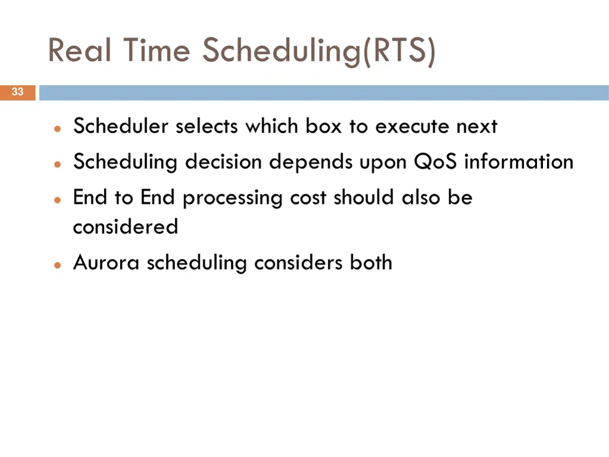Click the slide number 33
(x=17, y=92)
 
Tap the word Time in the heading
(x=156, y=51)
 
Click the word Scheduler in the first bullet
(x=121, y=126)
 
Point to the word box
(x=324, y=126)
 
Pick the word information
(x=519, y=161)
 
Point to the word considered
(x=125, y=227)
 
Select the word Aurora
(x=107, y=262)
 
